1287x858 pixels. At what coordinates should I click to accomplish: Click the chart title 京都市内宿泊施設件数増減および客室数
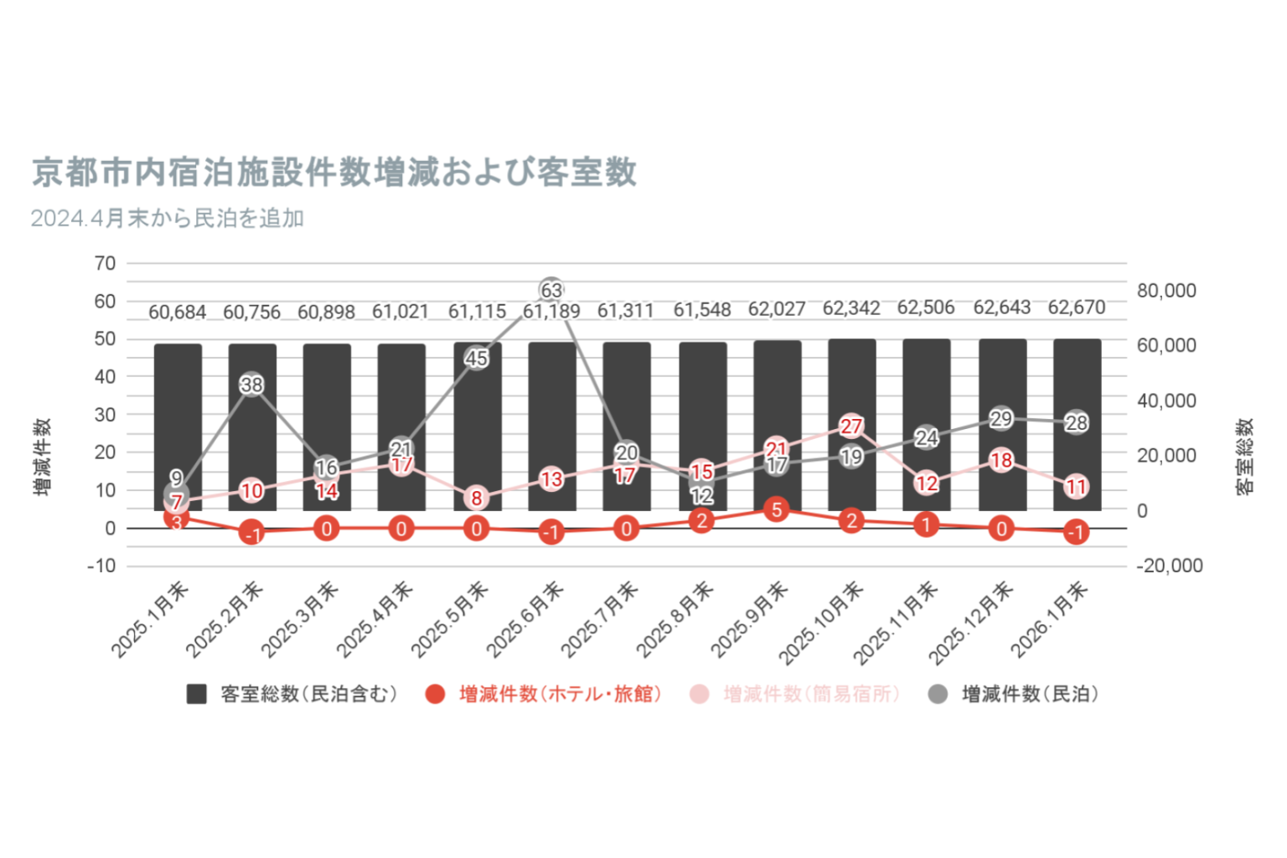click(x=334, y=173)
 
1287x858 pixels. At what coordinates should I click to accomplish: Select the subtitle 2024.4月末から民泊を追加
click(x=168, y=219)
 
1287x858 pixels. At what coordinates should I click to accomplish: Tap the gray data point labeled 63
click(x=550, y=291)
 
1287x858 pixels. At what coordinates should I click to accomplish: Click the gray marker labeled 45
click(x=476, y=359)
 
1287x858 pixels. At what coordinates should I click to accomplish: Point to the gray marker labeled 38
click(x=251, y=385)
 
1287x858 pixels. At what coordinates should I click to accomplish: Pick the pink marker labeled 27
click(x=851, y=426)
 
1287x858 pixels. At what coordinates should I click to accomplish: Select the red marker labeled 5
click(x=777, y=509)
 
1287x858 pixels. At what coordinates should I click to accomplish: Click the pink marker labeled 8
click(x=476, y=499)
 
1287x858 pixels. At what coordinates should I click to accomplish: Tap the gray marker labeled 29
click(x=1001, y=418)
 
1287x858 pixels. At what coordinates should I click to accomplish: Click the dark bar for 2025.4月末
click(x=401, y=427)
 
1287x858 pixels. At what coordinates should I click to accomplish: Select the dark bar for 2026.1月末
click(x=1077, y=425)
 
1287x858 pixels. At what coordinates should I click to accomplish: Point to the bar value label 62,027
click(x=777, y=309)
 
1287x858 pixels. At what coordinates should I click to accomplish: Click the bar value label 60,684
click(x=177, y=313)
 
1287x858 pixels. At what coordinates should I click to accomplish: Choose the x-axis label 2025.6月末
click(x=525, y=619)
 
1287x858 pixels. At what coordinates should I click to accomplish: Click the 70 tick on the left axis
click(x=106, y=263)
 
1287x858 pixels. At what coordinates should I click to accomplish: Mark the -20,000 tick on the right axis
click(x=1169, y=566)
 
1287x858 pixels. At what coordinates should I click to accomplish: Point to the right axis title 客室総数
click(x=1245, y=457)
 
